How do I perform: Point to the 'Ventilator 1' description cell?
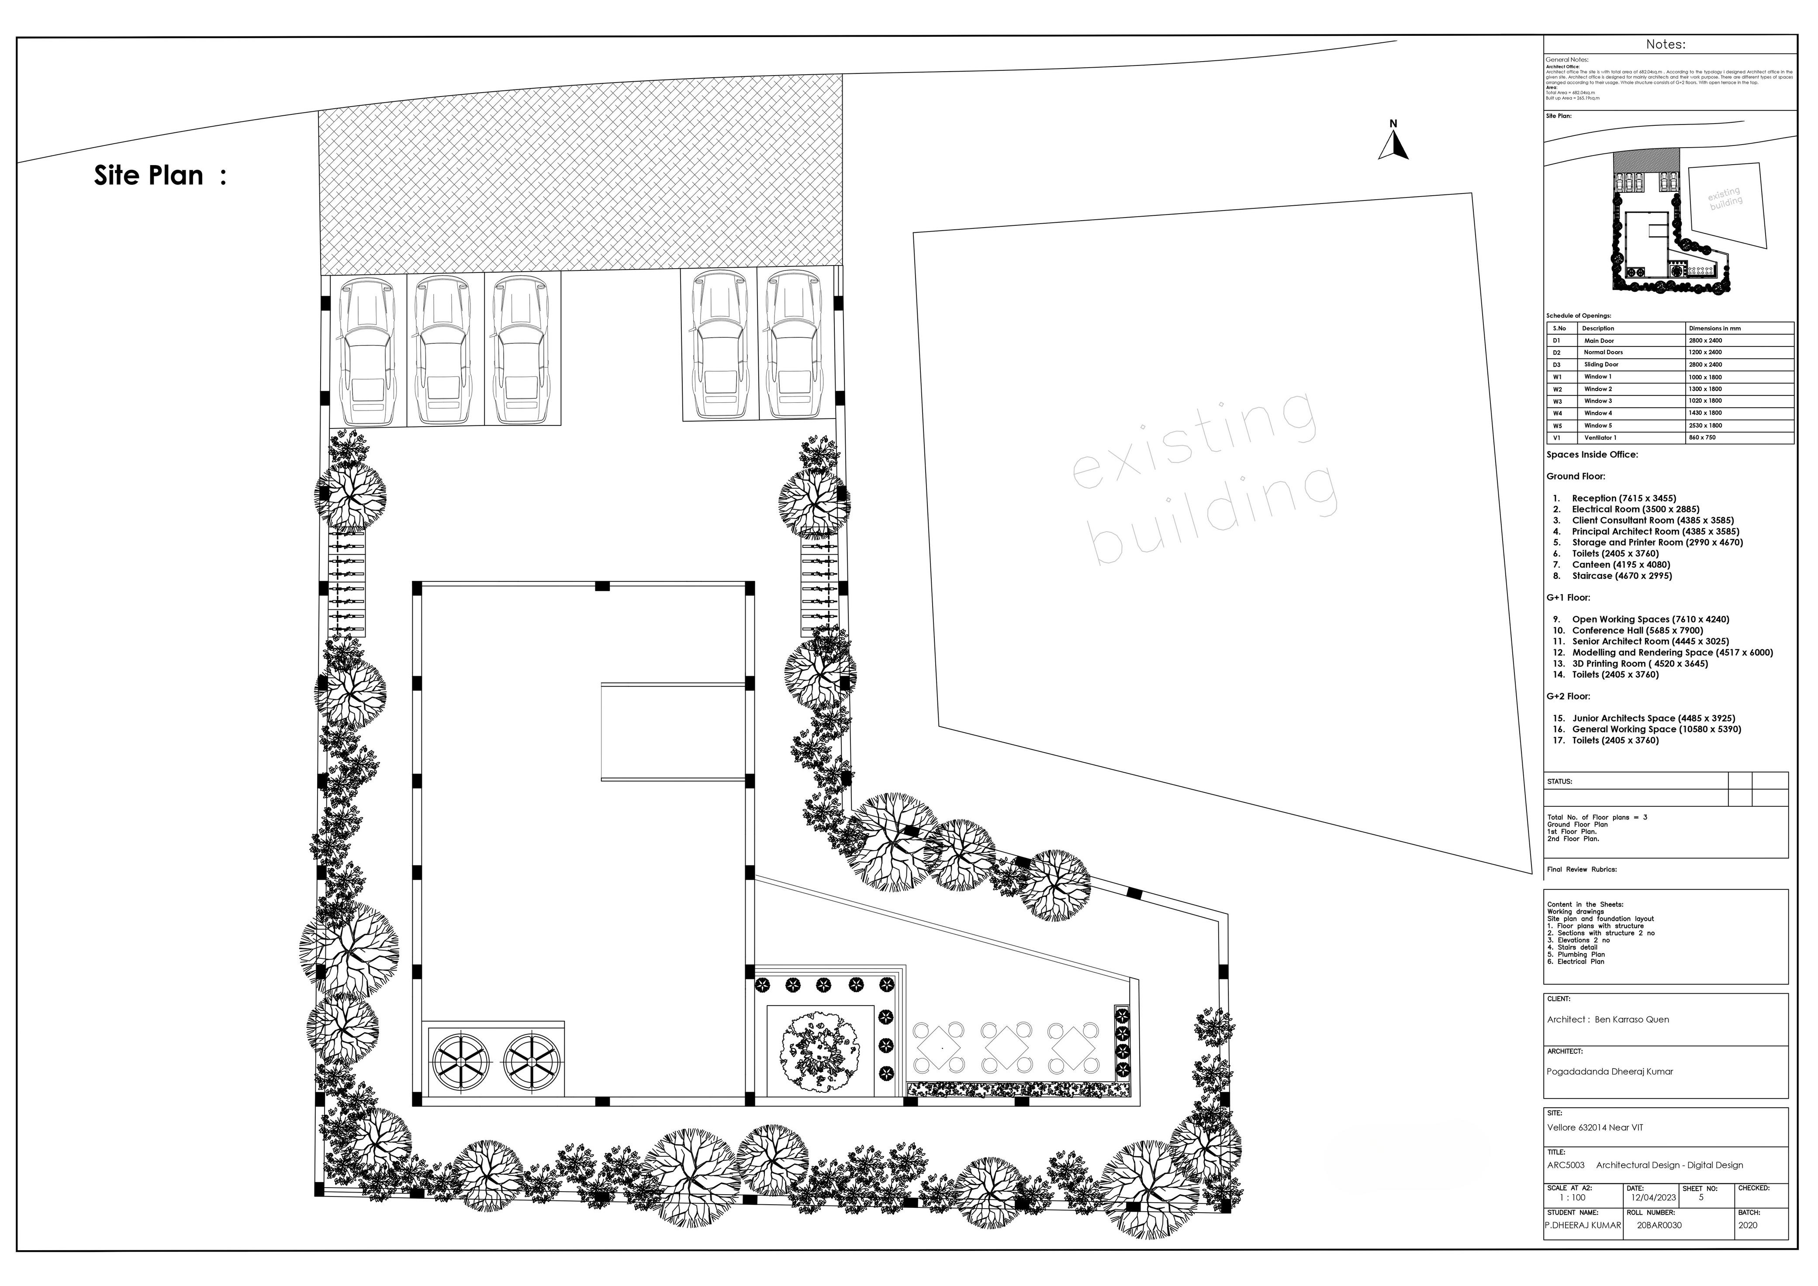(1600, 438)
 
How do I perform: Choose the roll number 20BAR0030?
(1659, 1225)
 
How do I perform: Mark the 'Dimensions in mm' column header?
(1714, 328)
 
